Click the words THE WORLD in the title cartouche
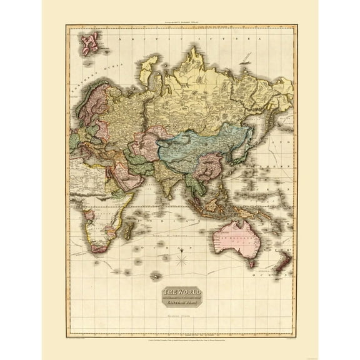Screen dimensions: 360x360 179,291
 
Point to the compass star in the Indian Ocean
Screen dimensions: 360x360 182,257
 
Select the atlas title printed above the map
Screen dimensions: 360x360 179,21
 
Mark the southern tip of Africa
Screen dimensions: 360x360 99,248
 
